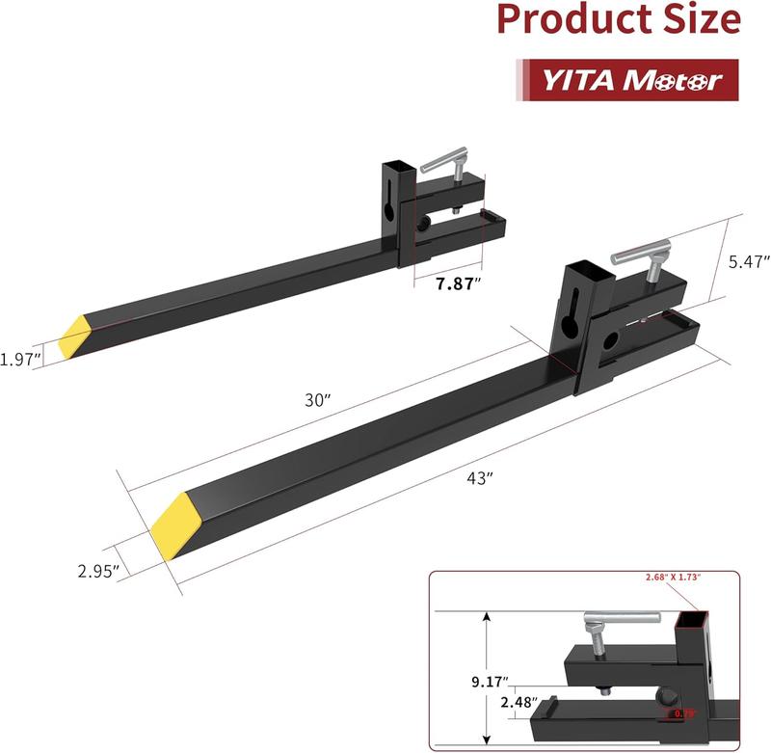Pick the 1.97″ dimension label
pos(20,359)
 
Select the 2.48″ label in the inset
pos(518,702)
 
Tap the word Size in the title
pos(696,20)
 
